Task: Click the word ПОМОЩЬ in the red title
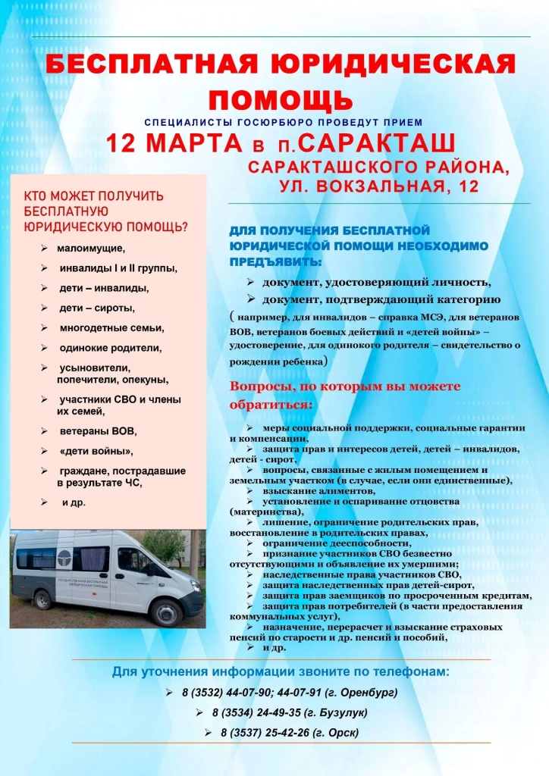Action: pyautogui.click(x=281, y=99)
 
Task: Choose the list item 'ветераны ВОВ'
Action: pyautogui.click(x=98, y=431)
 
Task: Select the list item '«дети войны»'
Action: pyautogui.click(x=96, y=452)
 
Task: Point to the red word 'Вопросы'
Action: pyautogui.click(x=262, y=386)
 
